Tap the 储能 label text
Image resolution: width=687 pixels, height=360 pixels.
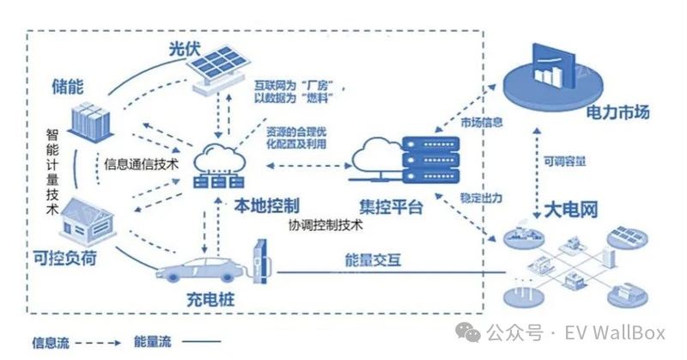click(68, 85)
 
